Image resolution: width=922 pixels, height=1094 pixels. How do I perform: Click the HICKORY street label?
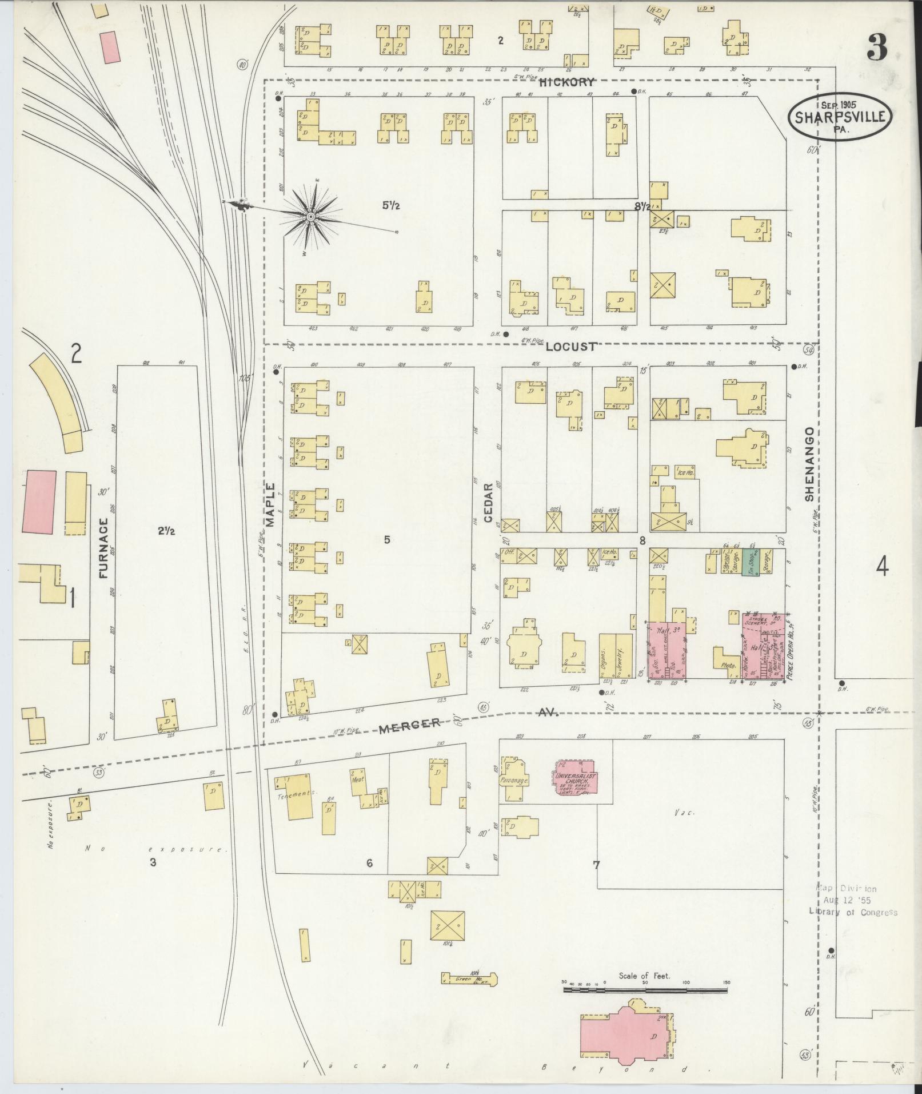[x=571, y=82]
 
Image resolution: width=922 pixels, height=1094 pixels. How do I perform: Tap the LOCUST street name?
[x=570, y=347]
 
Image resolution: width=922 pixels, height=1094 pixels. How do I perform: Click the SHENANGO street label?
[x=809, y=464]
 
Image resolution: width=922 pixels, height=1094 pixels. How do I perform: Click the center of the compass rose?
[x=310, y=217]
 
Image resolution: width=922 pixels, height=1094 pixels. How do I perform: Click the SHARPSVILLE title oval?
[x=839, y=117]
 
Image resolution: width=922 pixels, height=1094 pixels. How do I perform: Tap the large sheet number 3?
[x=877, y=47]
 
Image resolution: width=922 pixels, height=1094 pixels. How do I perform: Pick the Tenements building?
[x=297, y=796]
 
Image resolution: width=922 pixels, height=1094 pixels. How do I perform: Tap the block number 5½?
[x=391, y=205]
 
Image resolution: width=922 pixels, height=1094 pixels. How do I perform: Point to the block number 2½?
[x=166, y=531]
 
